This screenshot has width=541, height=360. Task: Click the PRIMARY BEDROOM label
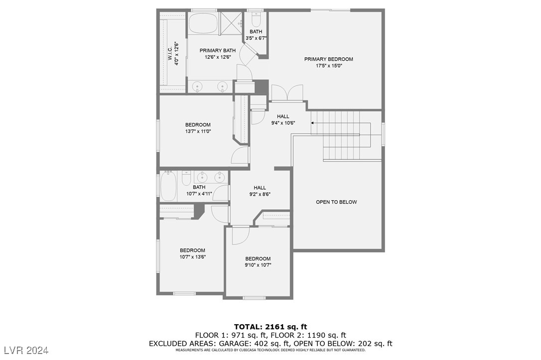click(328, 59)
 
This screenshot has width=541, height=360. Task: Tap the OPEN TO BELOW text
click(336, 202)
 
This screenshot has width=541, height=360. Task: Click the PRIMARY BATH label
click(218, 50)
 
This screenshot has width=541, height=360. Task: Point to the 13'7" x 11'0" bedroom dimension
click(198, 131)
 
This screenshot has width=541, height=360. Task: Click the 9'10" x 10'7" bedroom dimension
click(258, 265)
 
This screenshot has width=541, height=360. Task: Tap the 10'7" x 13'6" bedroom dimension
click(192, 257)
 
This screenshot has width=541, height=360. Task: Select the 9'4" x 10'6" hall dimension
click(283, 123)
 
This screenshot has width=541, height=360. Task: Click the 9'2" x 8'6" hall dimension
click(260, 194)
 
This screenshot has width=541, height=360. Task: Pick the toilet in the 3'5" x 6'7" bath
click(256, 19)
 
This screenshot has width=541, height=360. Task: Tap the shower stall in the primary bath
click(231, 23)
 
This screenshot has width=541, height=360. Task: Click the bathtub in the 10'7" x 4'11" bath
click(168, 186)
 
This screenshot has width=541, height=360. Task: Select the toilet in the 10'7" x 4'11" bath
click(186, 178)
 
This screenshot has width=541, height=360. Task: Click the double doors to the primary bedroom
click(287, 93)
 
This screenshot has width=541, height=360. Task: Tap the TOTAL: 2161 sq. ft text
click(270, 327)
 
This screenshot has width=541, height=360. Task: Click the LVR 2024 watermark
click(25, 351)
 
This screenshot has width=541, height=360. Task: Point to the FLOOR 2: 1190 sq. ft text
click(311, 335)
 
